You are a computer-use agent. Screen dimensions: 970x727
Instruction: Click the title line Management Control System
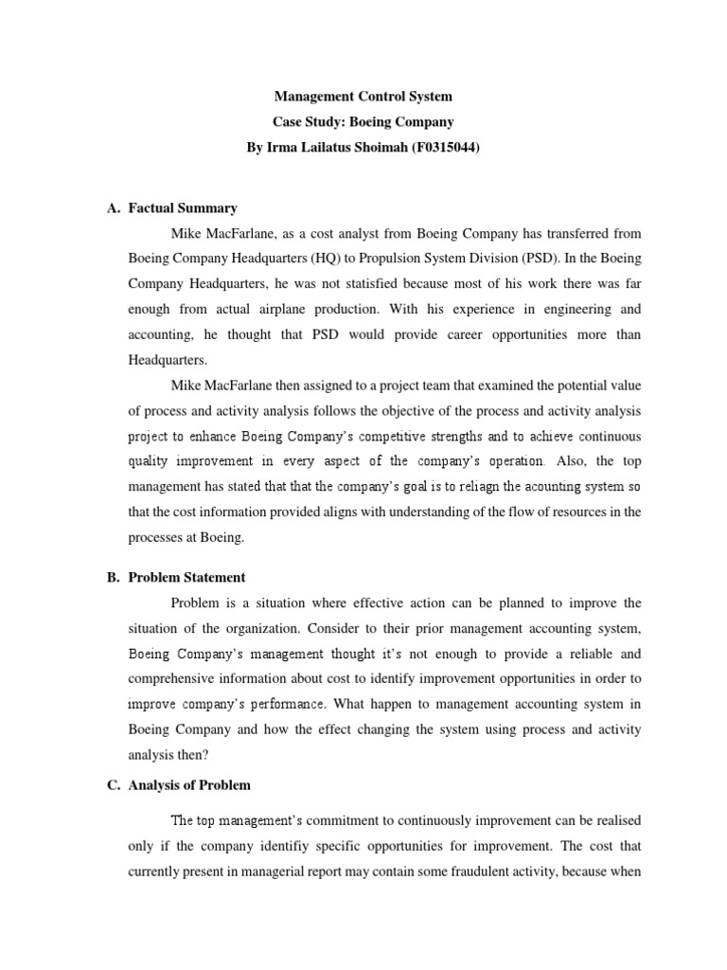click(363, 97)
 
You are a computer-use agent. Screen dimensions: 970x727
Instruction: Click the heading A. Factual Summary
click(183, 208)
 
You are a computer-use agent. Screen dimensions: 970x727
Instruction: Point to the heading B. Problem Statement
click(186, 577)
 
